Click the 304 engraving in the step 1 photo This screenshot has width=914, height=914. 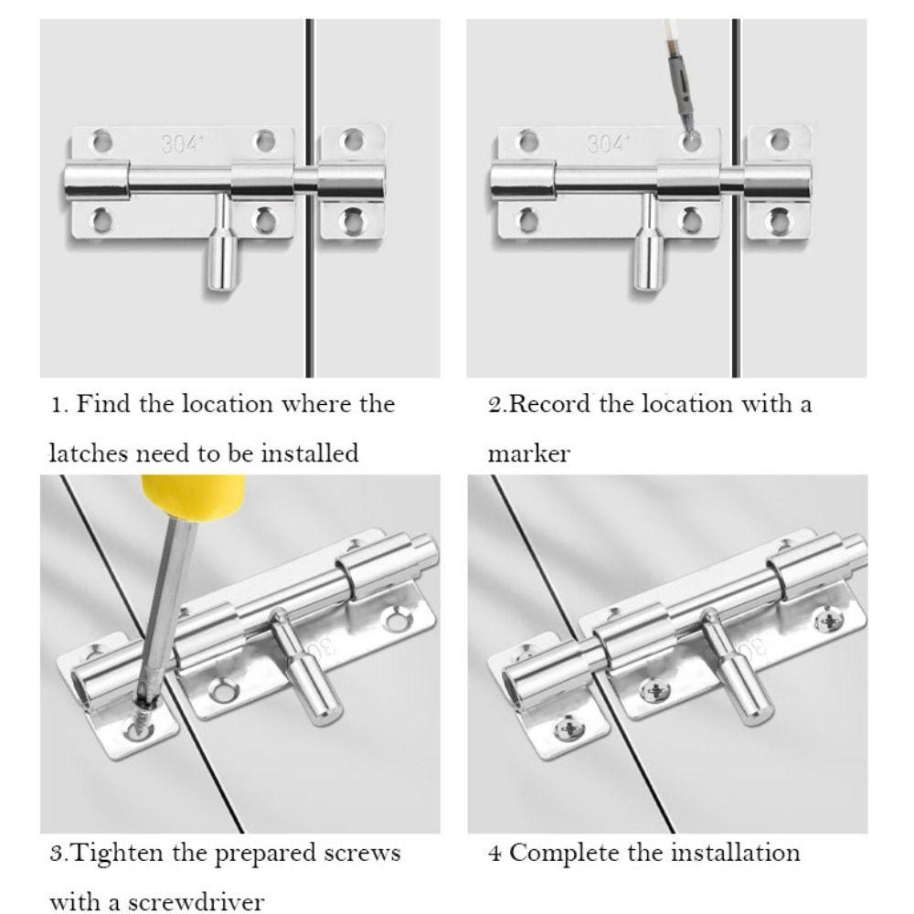click(x=180, y=144)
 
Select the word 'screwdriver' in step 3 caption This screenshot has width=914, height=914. click(x=196, y=902)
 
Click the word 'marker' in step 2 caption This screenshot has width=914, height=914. click(x=528, y=454)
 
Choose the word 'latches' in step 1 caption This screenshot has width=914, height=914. click(x=88, y=453)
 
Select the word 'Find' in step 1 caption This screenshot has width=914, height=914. click(x=102, y=403)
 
